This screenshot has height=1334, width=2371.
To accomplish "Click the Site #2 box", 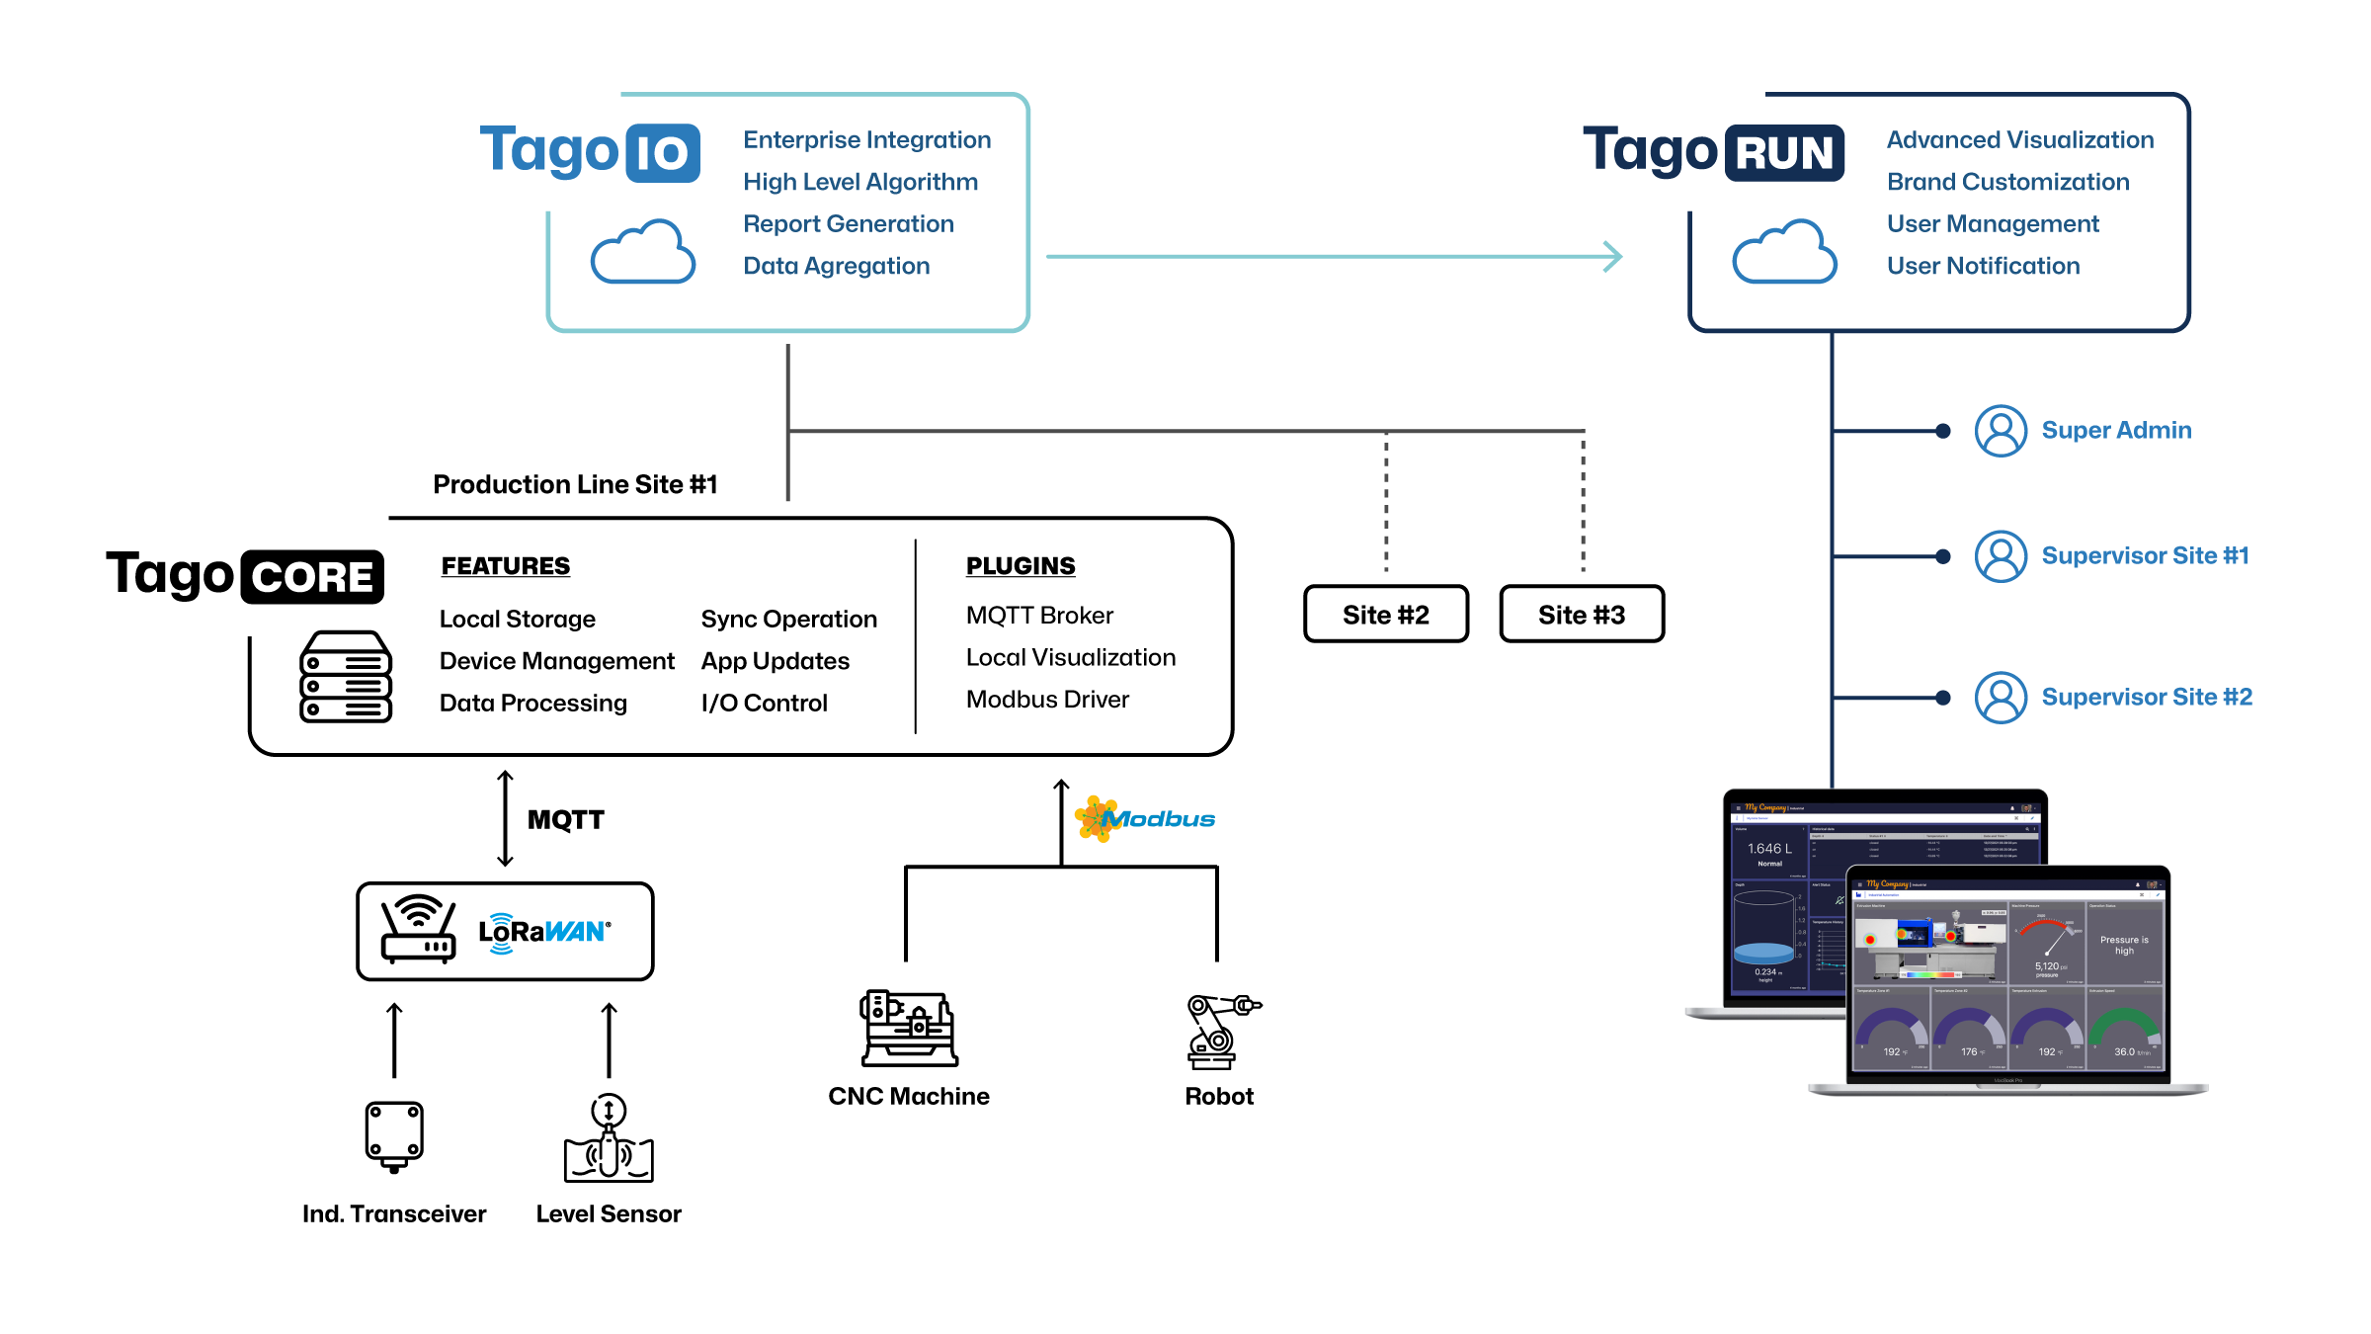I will click(1385, 615).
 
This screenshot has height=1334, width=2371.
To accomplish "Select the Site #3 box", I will click(1581, 615).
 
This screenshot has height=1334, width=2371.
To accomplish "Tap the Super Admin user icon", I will click(2001, 431).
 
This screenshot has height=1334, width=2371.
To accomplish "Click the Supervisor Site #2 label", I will click(2147, 697).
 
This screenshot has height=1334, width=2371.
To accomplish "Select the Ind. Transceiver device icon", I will click(394, 1135).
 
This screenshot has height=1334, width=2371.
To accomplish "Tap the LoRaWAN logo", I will click(544, 932).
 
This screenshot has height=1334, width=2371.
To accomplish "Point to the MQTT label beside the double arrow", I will click(565, 820).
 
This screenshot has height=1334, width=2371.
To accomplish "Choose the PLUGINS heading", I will click(1021, 566).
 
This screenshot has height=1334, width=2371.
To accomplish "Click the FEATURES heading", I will click(505, 566).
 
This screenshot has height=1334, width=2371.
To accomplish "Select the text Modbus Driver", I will click(1047, 700).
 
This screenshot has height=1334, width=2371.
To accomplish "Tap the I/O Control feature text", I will click(764, 703).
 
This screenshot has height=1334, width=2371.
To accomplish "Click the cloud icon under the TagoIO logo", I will click(643, 252).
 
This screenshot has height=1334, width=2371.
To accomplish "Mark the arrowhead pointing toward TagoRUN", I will click(1612, 257).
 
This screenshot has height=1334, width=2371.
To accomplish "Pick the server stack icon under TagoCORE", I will click(345, 677).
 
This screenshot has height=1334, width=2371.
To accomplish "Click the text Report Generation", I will click(848, 224).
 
